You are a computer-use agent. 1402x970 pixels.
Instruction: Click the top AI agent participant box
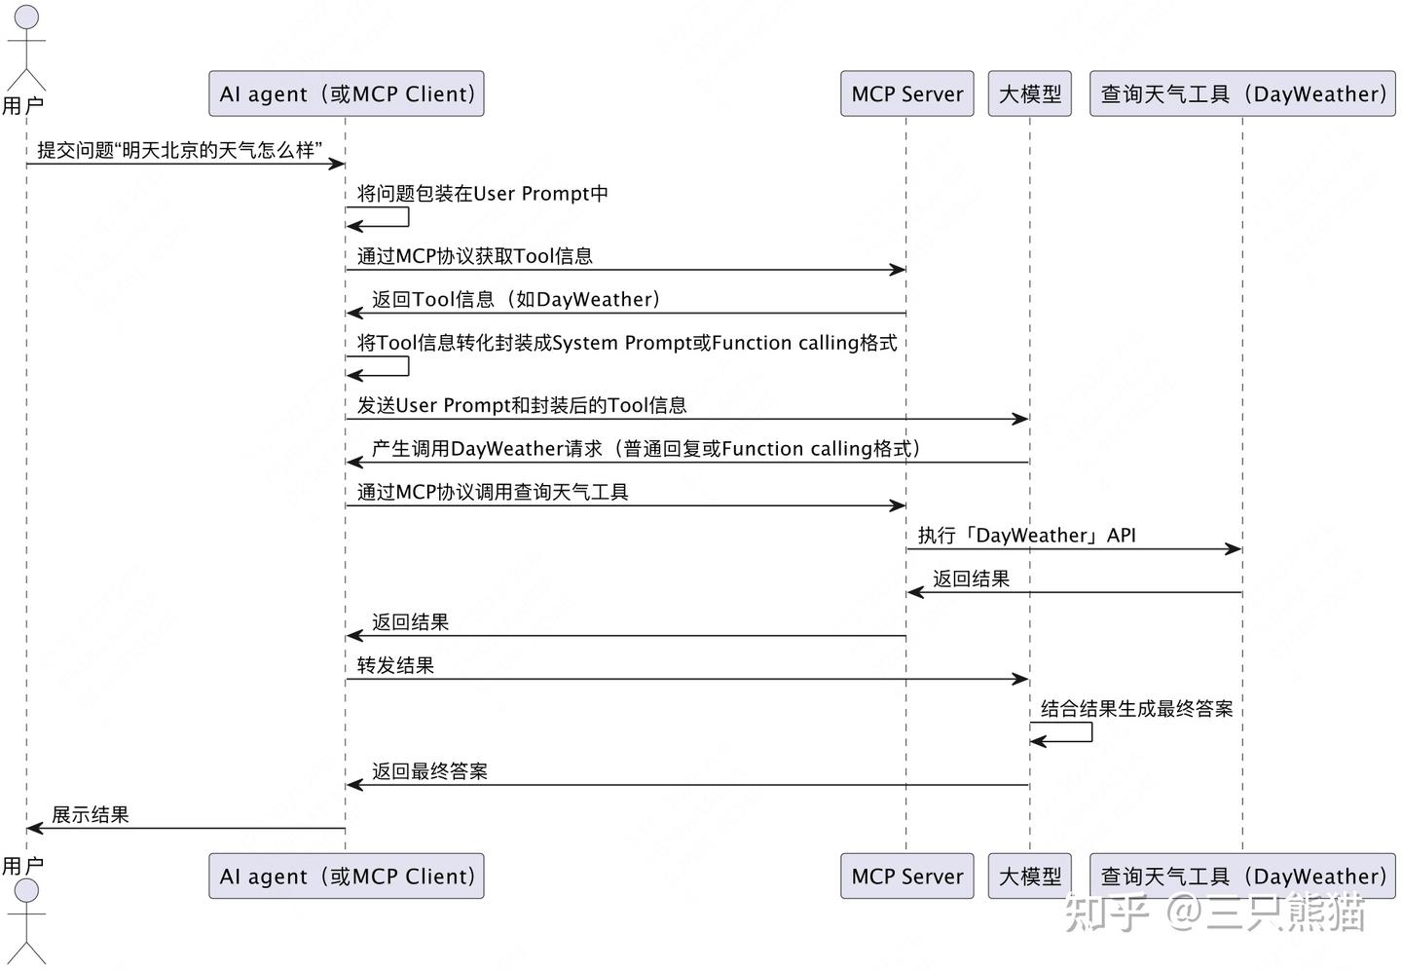pyautogui.click(x=346, y=93)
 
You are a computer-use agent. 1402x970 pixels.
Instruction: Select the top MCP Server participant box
pyautogui.click(x=906, y=93)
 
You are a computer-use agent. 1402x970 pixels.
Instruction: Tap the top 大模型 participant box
pyautogui.click(x=1029, y=93)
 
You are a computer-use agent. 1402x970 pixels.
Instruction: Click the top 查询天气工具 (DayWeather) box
pyautogui.click(x=1242, y=93)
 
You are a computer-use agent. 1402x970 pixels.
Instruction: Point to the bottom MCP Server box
pyautogui.click(x=906, y=877)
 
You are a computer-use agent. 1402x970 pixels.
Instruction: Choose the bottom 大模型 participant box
pyautogui.click(x=1029, y=877)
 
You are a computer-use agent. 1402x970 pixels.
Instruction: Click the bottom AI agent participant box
pyautogui.click(x=346, y=877)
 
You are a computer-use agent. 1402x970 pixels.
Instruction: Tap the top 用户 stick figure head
pyautogui.click(x=26, y=17)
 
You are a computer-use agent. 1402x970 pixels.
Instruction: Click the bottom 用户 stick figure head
pyautogui.click(x=26, y=891)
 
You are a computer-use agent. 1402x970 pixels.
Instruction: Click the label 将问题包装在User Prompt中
pyautogui.click(x=482, y=194)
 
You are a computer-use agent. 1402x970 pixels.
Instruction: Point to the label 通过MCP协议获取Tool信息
pyautogui.click(x=474, y=256)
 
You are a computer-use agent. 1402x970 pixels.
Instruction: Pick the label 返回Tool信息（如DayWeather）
pyautogui.click(x=516, y=300)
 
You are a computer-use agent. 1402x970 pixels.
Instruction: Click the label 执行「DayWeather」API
pyautogui.click(x=1026, y=536)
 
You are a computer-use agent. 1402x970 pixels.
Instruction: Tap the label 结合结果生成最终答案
pyautogui.click(x=1136, y=709)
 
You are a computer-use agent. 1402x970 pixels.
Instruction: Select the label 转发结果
pyautogui.click(x=395, y=666)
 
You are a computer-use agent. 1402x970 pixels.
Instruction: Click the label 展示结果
pyautogui.click(x=91, y=815)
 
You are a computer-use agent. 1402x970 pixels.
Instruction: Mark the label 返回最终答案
pyautogui.click(x=429, y=772)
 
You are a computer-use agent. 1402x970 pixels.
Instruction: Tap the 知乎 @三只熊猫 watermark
pyautogui.click(x=1214, y=912)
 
